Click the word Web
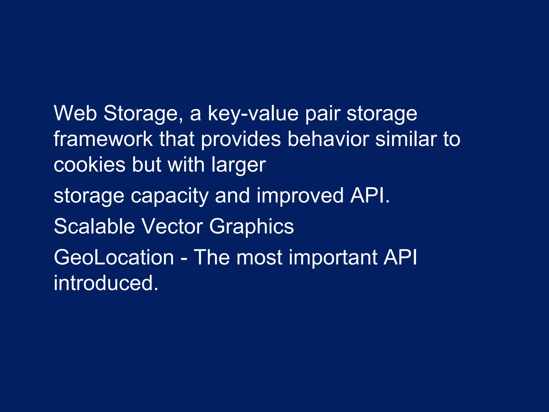tap(75, 113)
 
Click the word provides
tap(241, 139)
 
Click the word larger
tap(239, 165)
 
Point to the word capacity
tap(169, 196)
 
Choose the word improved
tap(300, 196)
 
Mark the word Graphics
tap(251, 227)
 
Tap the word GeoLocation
tap(114, 257)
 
